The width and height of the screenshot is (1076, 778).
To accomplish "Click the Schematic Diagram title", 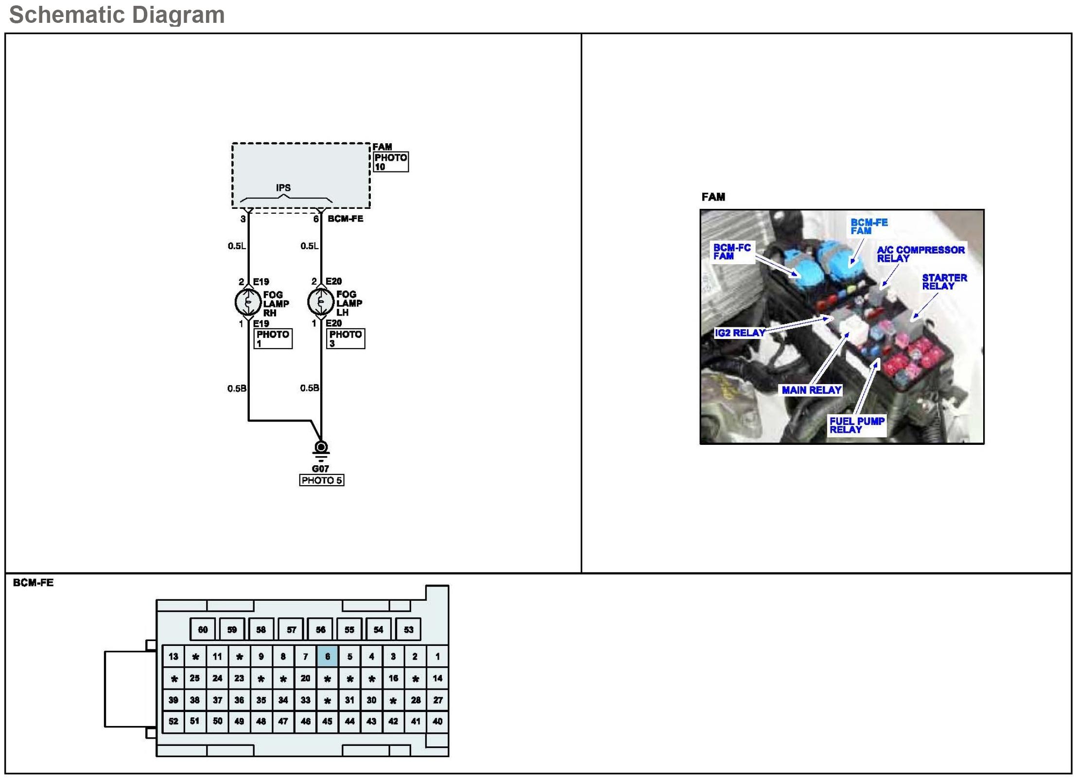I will click(117, 15).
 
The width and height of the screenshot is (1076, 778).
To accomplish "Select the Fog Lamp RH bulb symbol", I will click(248, 302).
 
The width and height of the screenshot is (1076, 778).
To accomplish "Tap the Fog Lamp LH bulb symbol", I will click(320, 302).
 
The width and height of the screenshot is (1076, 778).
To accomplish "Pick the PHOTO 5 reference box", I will click(322, 480).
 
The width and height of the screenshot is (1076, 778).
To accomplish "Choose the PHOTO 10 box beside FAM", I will click(391, 162).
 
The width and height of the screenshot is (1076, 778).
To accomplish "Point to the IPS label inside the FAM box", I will click(283, 187).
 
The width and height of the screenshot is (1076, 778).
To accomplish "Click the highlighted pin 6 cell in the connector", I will click(328, 657).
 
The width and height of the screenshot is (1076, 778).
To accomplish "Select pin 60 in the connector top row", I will click(203, 630).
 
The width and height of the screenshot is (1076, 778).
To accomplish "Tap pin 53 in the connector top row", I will click(408, 630).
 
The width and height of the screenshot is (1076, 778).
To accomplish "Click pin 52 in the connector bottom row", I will click(174, 721).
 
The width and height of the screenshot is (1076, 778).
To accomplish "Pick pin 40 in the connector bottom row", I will click(437, 721).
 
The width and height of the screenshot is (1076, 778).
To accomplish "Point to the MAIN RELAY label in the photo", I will click(811, 390).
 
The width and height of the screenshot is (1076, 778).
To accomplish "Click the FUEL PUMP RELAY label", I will click(857, 425).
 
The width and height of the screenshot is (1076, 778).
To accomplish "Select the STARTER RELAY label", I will click(944, 282).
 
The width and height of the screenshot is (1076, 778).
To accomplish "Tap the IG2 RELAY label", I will click(740, 333).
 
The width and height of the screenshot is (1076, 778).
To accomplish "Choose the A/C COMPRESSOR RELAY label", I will click(920, 254).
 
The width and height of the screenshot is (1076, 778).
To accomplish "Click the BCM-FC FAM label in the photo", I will click(732, 252).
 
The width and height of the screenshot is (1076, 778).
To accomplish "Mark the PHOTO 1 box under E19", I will click(273, 338).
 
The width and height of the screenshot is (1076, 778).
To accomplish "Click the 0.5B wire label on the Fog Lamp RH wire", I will click(237, 389).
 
